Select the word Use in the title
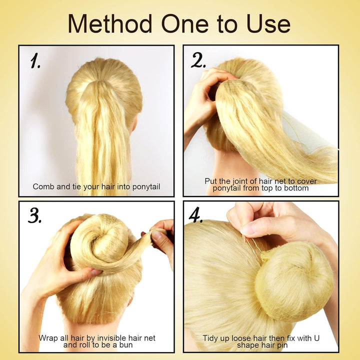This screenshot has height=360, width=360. (267, 23)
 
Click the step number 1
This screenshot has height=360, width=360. (35, 61)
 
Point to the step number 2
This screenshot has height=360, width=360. (198, 61)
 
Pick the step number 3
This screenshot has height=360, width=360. (34, 216)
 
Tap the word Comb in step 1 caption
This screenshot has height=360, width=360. (43, 186)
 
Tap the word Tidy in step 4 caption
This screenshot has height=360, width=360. (212, 338)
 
